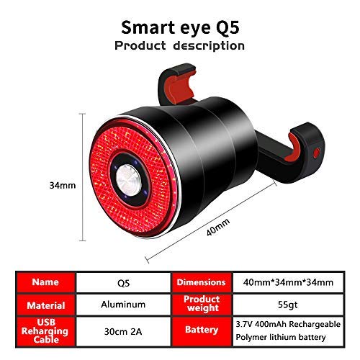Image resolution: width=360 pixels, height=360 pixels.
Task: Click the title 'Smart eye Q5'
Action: [x=180, y=28]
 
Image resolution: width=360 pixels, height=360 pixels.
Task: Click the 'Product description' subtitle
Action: [x=179, y=45]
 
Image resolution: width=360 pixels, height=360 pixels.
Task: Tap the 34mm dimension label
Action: [x=63, y=186]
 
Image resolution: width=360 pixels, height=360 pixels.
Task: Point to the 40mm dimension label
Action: [x=218, y=227]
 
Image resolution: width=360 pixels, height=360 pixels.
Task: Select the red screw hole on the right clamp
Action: [x=317, y=153]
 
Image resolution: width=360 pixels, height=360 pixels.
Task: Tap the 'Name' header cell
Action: [x=45, y=282]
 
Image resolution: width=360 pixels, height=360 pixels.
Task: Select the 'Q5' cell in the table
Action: [x=123, y=283]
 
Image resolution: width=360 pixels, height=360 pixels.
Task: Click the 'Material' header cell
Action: [x=45, y=305]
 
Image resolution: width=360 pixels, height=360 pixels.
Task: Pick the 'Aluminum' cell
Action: [x=123, y=305]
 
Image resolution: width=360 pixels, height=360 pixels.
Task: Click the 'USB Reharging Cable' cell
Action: [x=45, y=331]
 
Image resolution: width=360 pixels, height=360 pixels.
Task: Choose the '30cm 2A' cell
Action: [x=123, y=332]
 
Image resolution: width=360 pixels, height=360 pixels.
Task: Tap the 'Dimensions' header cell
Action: [x=202, y=282]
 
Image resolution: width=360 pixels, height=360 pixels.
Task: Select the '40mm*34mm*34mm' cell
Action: [x=288, y=282]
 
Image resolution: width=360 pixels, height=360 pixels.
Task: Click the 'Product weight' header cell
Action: [x=202, y=305]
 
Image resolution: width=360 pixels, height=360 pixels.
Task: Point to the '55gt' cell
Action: [x=288, y=305]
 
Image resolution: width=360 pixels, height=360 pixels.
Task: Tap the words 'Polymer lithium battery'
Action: [x=281, y=337]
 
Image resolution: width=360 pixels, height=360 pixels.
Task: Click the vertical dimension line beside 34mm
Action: [x=83, y=177]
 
